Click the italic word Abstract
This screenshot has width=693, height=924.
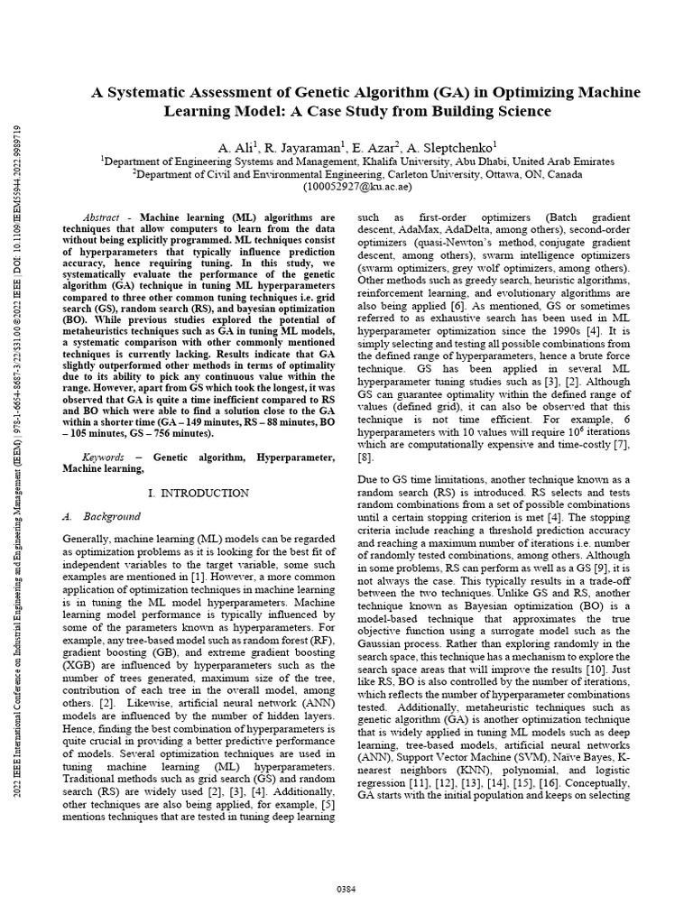(100, 218)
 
